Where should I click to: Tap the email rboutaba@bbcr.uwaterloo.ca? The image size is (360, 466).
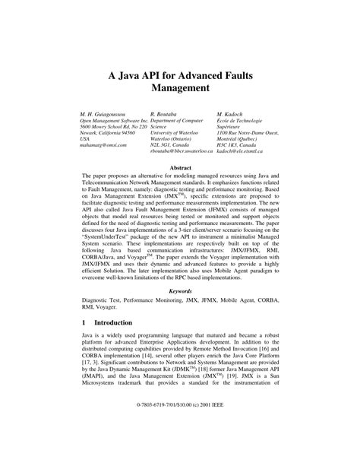coord(182,154)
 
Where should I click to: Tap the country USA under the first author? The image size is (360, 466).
coord(85,140)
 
